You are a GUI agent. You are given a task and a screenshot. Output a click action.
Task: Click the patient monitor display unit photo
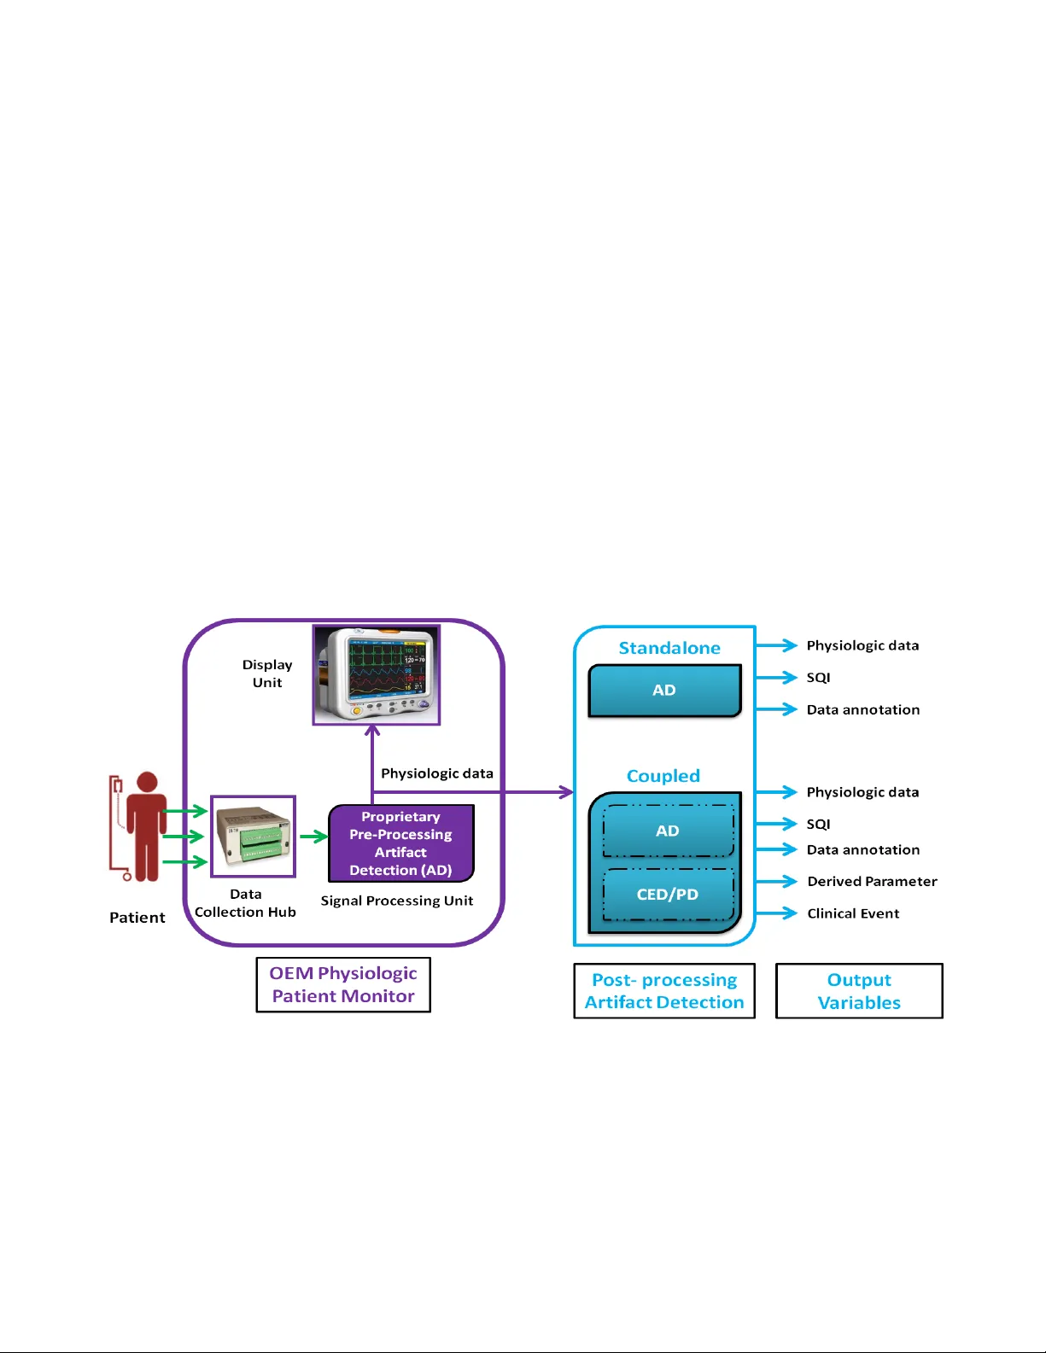pos(377,674)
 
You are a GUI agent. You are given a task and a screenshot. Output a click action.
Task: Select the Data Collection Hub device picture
pos(253,837)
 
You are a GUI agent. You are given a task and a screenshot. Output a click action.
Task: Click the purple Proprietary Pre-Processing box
pos(400,843)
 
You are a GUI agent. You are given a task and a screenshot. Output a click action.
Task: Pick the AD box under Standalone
pos(664,691)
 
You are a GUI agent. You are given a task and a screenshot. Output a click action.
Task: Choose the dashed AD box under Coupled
pos(668,831)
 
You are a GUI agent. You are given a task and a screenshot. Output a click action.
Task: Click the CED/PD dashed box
pos(668,895)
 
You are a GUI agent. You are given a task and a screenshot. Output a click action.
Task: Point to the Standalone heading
pos(669,648)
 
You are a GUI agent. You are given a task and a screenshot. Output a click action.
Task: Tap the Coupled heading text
pos(663,776)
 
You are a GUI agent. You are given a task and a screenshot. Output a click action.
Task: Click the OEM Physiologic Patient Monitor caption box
pos(343,984)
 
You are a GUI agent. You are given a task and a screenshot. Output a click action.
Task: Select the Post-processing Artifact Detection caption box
pos(664,991)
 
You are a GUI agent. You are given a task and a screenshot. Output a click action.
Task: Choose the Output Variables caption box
pos(859,991)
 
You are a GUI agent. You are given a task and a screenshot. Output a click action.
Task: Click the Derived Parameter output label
pos(872,881)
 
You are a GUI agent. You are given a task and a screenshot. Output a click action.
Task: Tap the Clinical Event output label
pos(853,913)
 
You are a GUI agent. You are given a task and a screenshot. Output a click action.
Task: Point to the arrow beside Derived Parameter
pos(777,881)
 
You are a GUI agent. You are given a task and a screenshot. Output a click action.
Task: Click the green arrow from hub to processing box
pos(313,837)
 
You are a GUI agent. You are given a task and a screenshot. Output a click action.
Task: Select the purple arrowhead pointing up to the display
pos(372,731)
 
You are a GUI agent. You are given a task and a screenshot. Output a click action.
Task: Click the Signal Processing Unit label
pos(397,901)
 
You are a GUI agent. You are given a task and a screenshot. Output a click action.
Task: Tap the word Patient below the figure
pos(137,918)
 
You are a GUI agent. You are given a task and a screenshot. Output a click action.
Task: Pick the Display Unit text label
pos(267,674)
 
